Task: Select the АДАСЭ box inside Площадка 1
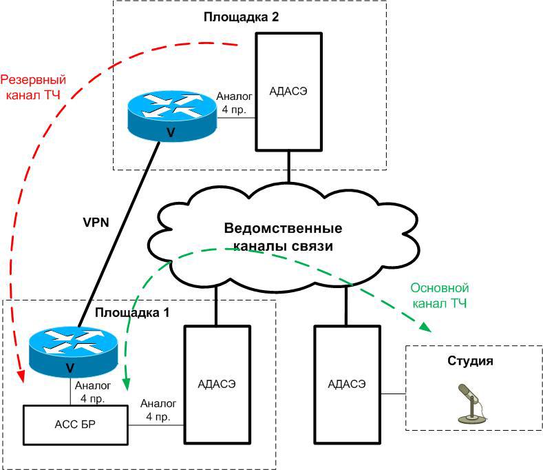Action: pos(216,385)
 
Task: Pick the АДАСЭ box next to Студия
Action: pos(347,385)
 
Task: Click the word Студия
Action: pos(471,360)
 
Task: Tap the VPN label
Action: pos(97,222)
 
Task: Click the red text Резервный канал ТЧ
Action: pos(32,85)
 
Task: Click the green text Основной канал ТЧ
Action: pos(439,295)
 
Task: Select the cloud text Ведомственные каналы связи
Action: pos(284,236)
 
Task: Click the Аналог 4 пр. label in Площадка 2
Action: pos(234,102)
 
